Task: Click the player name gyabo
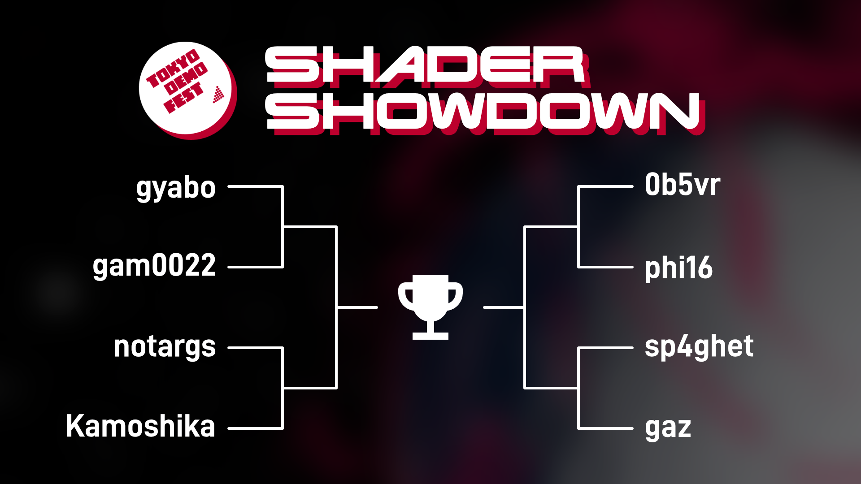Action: coord(176,188)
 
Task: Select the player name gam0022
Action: coord(154,266)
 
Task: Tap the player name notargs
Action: coord(165,347)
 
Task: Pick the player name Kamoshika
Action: coord(140,426)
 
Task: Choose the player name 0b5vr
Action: coord(683,185)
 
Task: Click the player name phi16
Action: coord(678,268)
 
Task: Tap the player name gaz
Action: coord(668,428)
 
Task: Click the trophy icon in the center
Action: coord(430,307)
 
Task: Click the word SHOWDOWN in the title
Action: coord(484,112)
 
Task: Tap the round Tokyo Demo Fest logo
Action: coord(187,90)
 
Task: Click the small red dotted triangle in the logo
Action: coord(218,95)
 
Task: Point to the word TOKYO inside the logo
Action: coord(173,69)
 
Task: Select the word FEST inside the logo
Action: coord(183,98)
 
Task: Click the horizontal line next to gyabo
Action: coord(256,186)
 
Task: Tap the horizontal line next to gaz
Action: coord(605,428)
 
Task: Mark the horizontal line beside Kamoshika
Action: coord(256,428)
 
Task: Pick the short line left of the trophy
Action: coord(357,307)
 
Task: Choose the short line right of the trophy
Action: coord(504,307)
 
